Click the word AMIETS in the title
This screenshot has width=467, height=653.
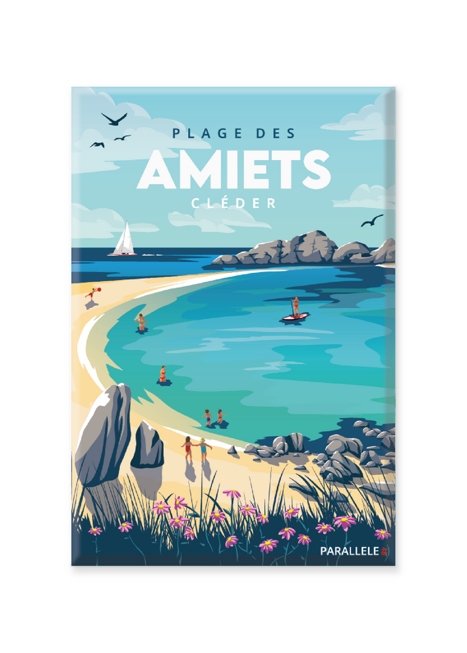click(x=233, y=170)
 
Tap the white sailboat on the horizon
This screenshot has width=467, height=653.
click(x=123, y=241)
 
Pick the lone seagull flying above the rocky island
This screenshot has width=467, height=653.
click(x=372, y=221)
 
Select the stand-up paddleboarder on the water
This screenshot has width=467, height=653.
click(x=295, y=306)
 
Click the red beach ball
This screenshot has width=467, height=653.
click(x=98, y=290)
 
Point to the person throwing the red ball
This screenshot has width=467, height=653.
click(x=91, y=295)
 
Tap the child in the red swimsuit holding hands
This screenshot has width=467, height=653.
click(x=188, y=448)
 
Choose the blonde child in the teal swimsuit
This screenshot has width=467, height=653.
click(x=204, y=449)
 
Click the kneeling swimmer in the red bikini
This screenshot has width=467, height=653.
click(x=163, y=374)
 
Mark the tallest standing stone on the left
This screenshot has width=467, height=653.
click(x=104, y=434)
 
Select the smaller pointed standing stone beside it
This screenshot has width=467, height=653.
click(x=147, y=446)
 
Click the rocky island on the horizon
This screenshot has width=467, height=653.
click(x=306, y=250)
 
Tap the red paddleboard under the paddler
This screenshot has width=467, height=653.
click(x=295, y=316)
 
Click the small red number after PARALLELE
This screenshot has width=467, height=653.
click(x=384, y=551)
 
